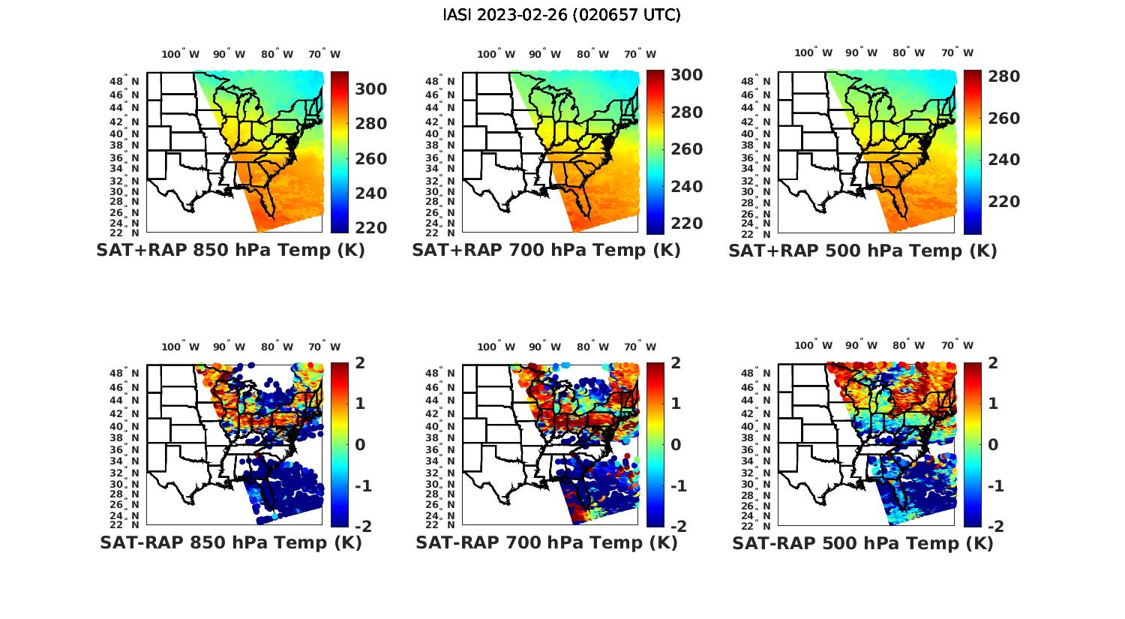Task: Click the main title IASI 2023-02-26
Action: [x=562, y=15]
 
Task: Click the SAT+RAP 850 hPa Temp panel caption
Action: [x=230, y=250]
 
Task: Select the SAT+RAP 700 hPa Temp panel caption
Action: [x=546, y=250]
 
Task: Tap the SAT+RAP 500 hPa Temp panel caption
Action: [x=862, y=251]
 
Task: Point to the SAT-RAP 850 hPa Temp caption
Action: [x=230, y=542]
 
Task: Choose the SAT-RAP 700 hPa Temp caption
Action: [x=546, y=542]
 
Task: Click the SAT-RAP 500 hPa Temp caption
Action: [x=862, y=543]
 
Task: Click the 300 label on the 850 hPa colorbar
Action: [x=370, y=89]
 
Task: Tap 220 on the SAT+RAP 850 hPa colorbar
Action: [x=370, y=228]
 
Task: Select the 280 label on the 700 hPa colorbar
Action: [x=686, y=113]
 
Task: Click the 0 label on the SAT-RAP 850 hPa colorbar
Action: [x=360, y=444]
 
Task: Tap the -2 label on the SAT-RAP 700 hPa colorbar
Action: [x=677, y=526]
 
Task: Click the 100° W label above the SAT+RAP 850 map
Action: [x=181, y=54]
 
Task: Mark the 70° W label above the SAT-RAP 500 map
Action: [x=957, y=346]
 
